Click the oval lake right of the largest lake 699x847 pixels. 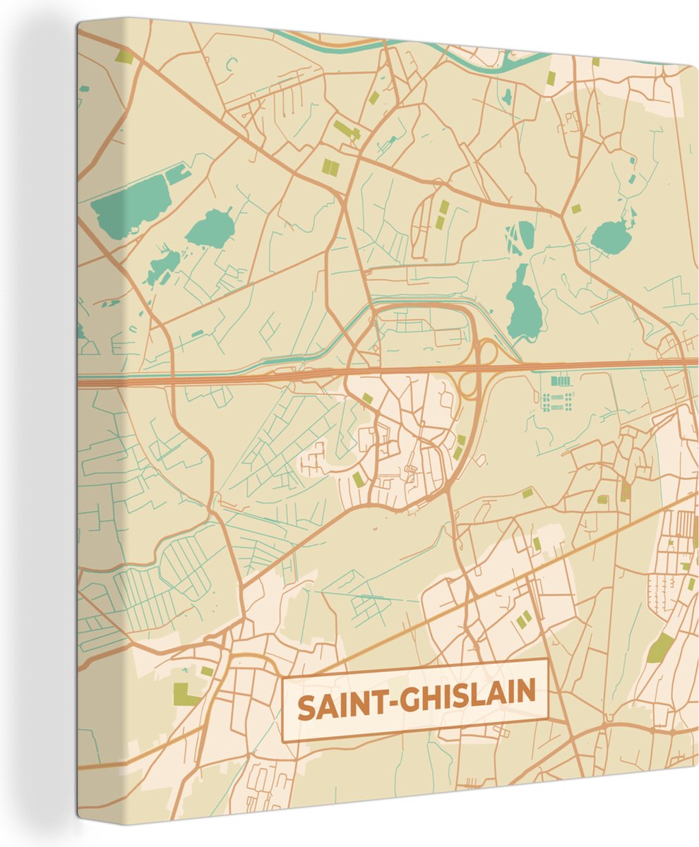click(210, 229)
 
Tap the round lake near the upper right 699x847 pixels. click(611, 236)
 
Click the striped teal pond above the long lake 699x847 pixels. click(521, 237)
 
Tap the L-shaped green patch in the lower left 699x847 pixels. click(185, 695)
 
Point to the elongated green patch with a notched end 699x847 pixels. click(346, 130)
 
